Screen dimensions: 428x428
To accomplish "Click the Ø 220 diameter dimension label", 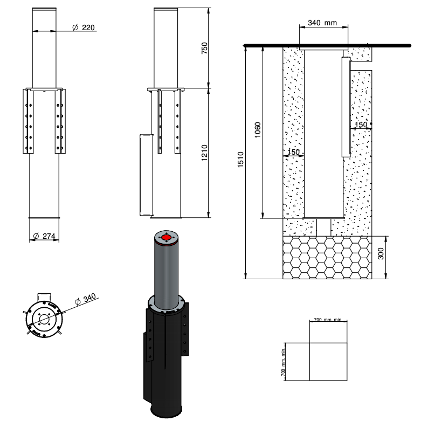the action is [84, 27].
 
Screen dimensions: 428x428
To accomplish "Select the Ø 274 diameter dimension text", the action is [44, 236].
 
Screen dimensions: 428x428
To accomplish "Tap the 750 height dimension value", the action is [204, 48].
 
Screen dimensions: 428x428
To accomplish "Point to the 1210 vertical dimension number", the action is [204, 153].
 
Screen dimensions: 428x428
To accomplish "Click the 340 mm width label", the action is [322, 23].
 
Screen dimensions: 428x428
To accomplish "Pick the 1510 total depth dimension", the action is [240, 160].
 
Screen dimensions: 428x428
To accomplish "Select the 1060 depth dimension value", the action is [258, 130].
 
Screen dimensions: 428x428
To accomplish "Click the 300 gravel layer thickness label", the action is [381, 253].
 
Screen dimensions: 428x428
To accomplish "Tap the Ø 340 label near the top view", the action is [85, 299].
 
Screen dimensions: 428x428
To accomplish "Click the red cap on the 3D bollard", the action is [166, 238].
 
